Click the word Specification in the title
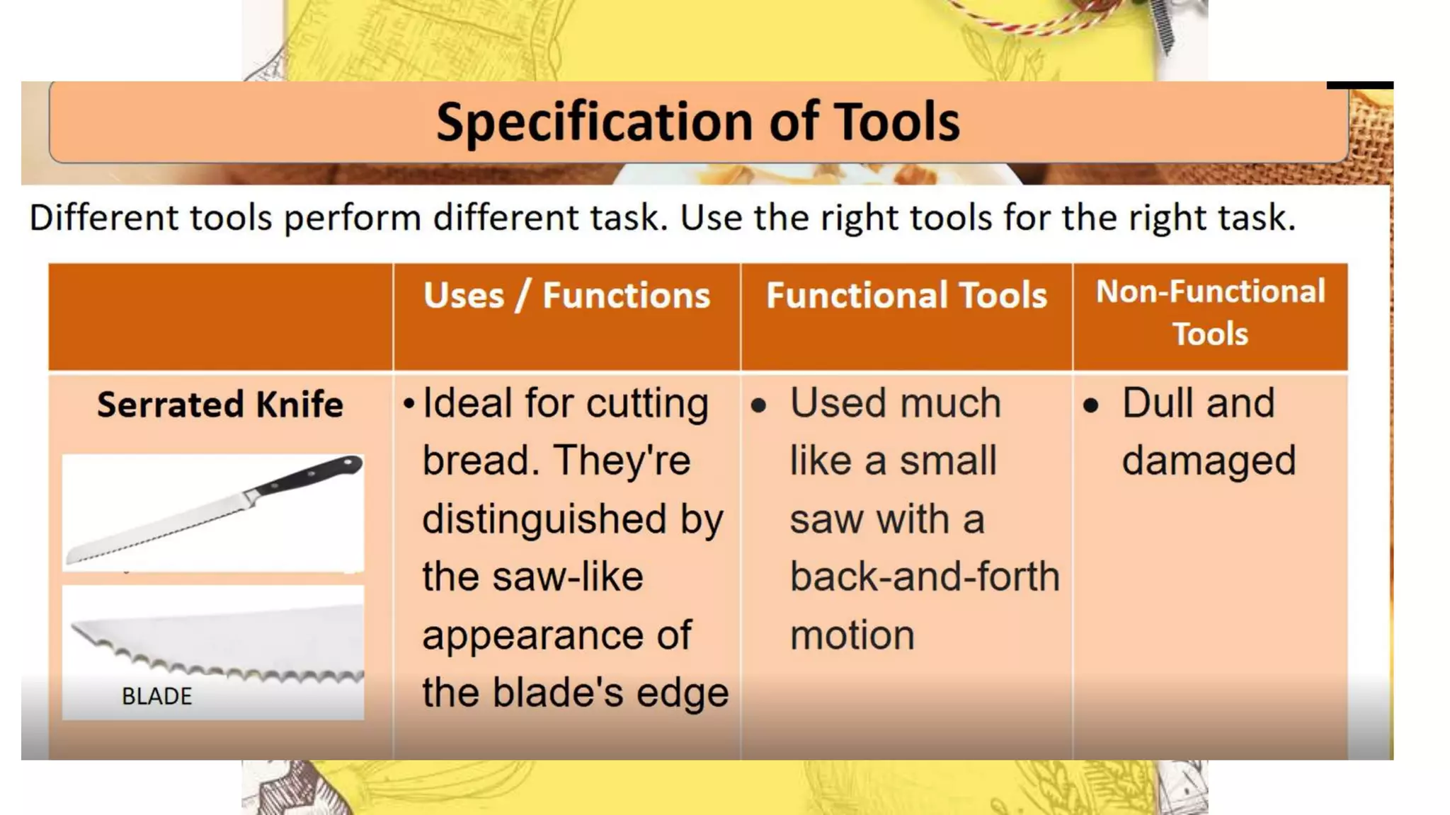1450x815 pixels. click(x=595, y=122)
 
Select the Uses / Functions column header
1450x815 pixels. click(x=566, y=295)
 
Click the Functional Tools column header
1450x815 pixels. click(x=906, y=295)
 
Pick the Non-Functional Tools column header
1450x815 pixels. click(x=1210, y=312)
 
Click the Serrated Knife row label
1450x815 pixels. click(x=219, y=405)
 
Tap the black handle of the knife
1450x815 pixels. click(x=312, y=475)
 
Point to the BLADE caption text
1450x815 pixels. click(x=156, y=696)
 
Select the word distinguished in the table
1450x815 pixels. click(x=544, y=519)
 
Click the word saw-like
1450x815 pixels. click(x=567, y=577)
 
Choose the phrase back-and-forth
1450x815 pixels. click(x=924, y=577)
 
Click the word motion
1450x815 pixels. click(x=852, y=635)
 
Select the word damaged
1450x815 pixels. click(x=1209, y=461)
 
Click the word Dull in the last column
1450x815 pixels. click(x=1157, y=403)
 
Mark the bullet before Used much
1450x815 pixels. click(x=758, y=405)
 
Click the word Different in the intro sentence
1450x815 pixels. click(x=103, y=217)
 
